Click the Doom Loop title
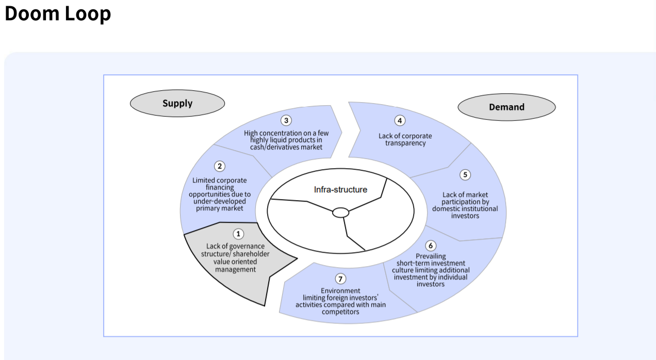[x=58, y=14]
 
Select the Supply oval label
[x=177, y=103]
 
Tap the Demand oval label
[x=506, y=107]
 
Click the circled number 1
[x=238, y=234]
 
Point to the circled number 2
[x=220, y=166]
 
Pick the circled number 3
[x=286, y=120]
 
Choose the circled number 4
[x=400, y=121]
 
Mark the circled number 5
[x=465, y=175]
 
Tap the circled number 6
[x=431, y=246]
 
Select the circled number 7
[x=340, y=279]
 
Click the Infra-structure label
[x=340, y=190]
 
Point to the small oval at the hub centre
[x=340, y=212]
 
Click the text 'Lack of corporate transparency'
[x=405, y=139]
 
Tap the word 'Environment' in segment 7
[x=340, y=291]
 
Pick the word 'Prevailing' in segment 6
[x=431, y=256]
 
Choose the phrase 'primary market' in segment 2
[x=220, y=208]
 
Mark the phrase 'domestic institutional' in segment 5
[x=465, y=209]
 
